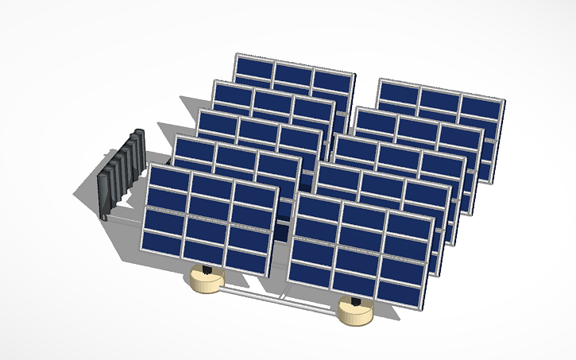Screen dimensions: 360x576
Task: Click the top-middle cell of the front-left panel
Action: tap(211, 187)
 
